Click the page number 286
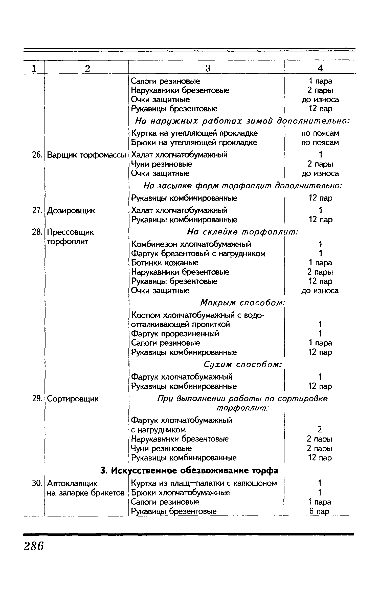coord(34,546)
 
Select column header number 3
coord(208,68)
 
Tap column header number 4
coord(320,68)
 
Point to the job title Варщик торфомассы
coord(86,155)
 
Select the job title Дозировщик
coord(71,210)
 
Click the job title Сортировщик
coord(73,399)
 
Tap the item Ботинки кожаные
coord(165,263)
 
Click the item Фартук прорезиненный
coord(175,334)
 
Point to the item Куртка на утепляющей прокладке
coord(194,133)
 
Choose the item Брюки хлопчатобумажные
coord(181,493)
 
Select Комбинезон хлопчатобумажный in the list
coord(191,244)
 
